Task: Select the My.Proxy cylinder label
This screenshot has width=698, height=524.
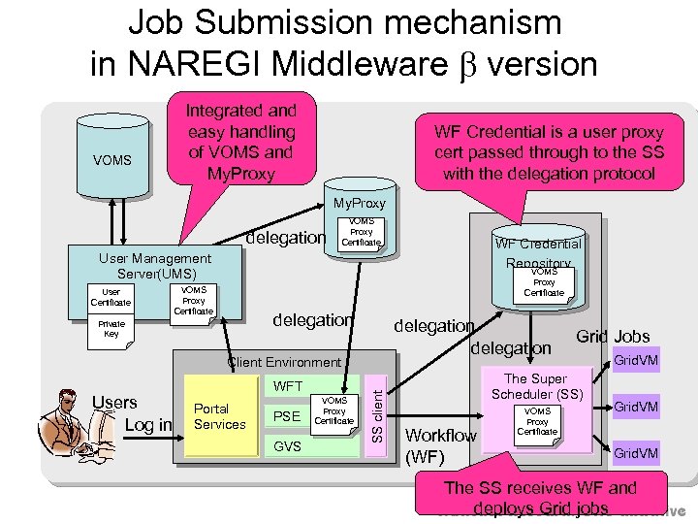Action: tap(358, 203)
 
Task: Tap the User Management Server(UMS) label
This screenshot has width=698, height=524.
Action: tap(154, 266)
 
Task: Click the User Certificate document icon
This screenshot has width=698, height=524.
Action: tap(111, 298)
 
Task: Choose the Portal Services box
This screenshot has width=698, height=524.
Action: tap(219, 417)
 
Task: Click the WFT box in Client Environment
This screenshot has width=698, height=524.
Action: tap(288, 387)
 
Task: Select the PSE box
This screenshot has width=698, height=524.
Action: tap(288, 417)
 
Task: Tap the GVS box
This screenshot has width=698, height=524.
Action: tap(288, 447)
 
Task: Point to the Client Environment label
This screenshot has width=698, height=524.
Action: tap(283, 362)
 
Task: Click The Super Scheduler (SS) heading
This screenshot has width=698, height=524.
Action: tap(536, 386)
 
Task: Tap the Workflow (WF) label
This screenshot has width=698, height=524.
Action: tap(440, 444)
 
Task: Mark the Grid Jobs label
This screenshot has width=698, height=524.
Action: tap(613, 337)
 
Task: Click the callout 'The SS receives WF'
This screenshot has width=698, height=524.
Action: tap(539, 498)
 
